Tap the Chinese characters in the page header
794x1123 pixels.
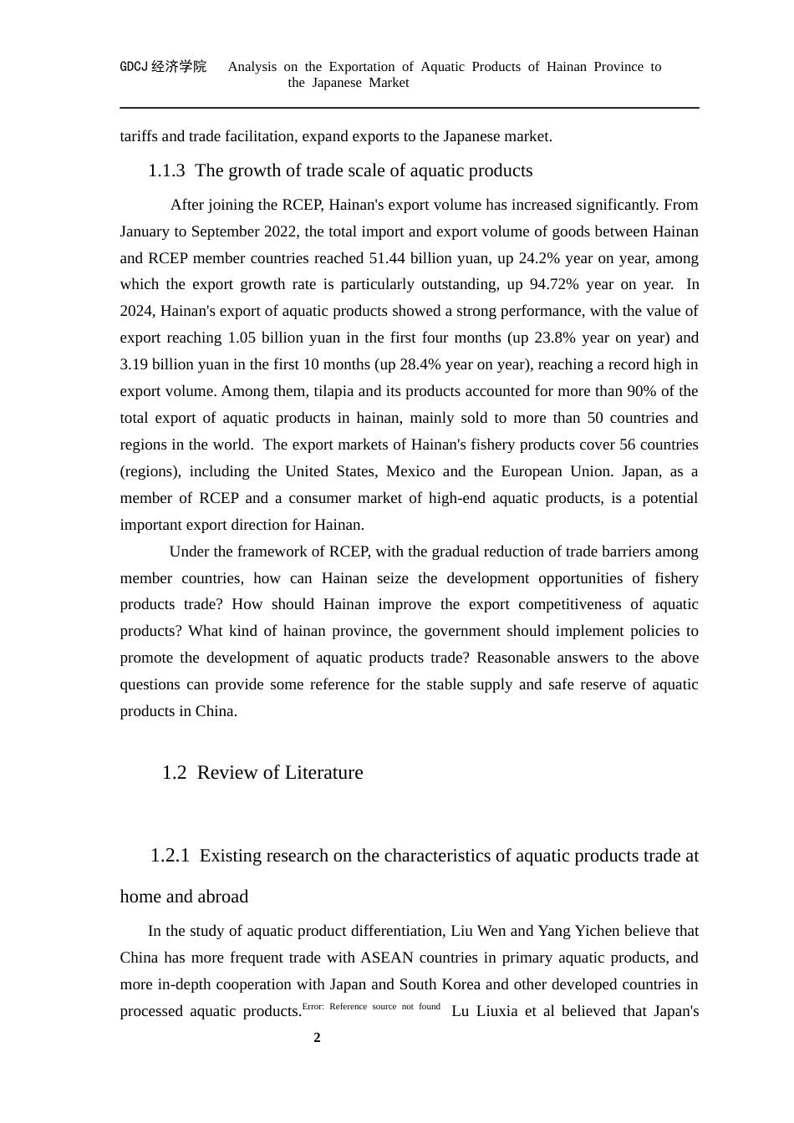coord(179,67)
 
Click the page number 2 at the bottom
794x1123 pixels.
coord(317,1038)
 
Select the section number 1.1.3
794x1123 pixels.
coord(166,170)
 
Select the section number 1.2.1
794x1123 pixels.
coord(170,856)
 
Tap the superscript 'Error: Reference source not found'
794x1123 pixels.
coord(371,1007)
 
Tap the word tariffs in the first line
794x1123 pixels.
coord(139,136)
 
